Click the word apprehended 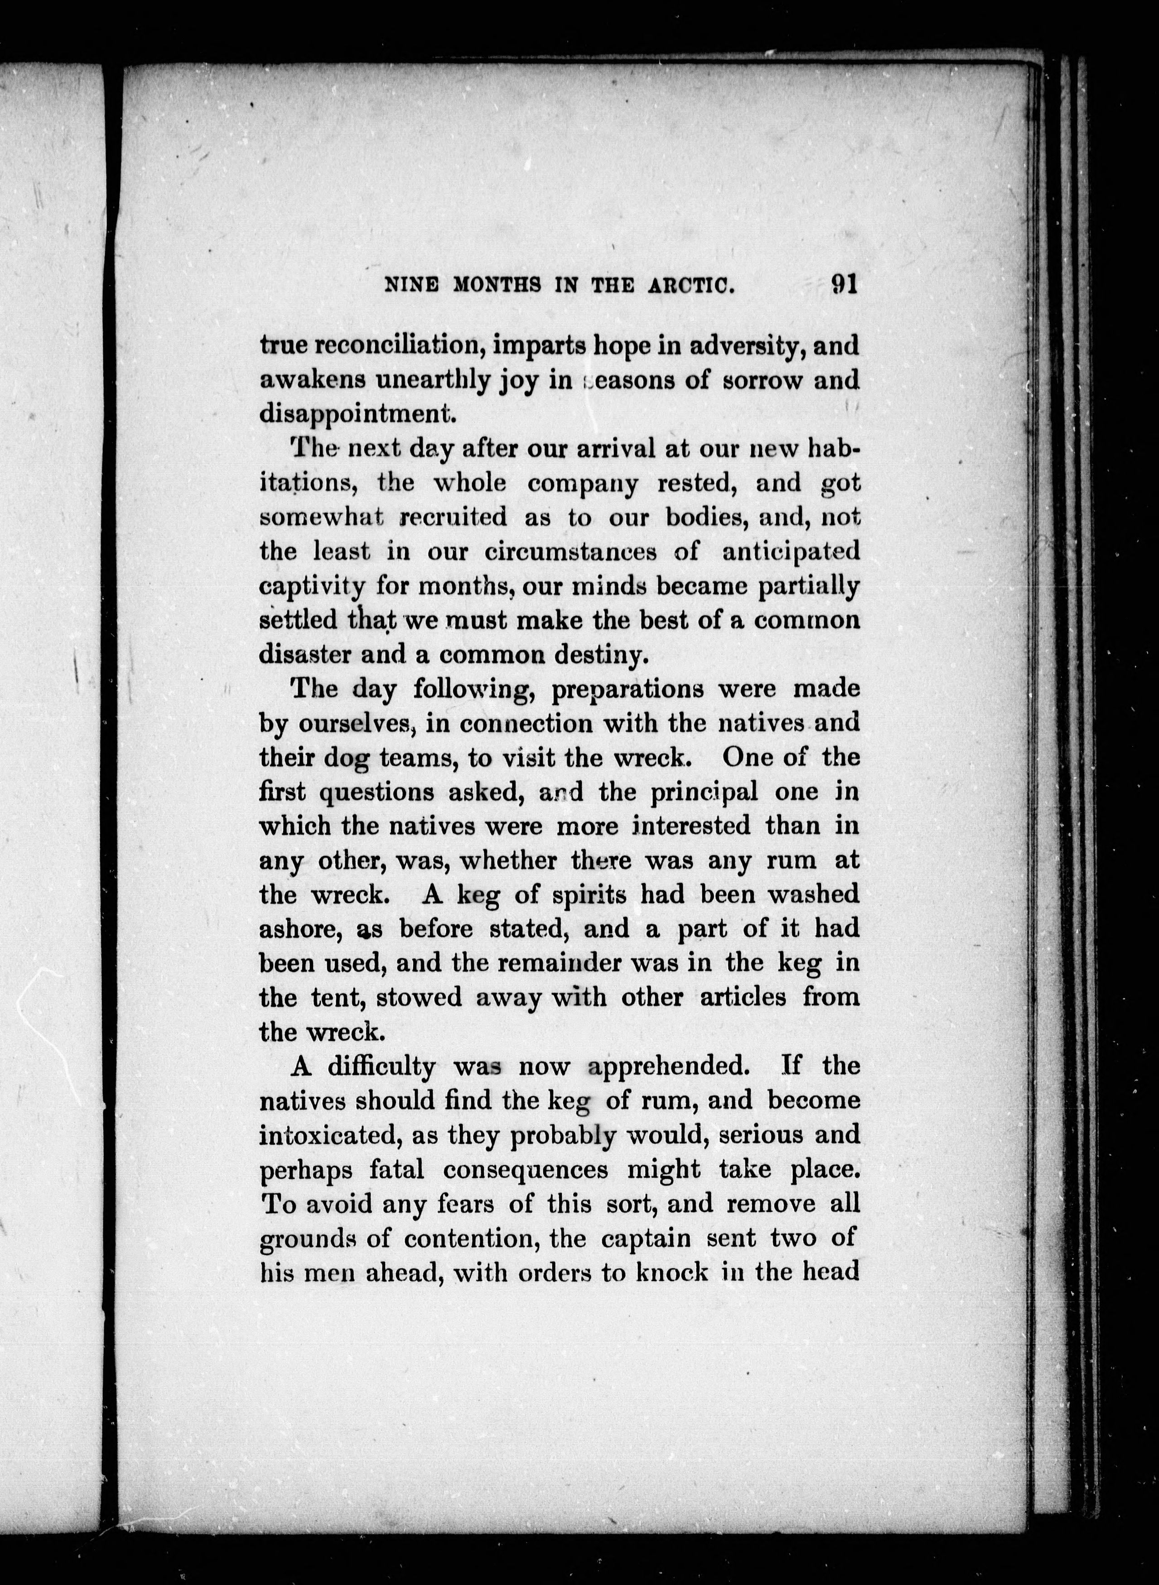[664, 1066]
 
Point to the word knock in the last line [671, 1272]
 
